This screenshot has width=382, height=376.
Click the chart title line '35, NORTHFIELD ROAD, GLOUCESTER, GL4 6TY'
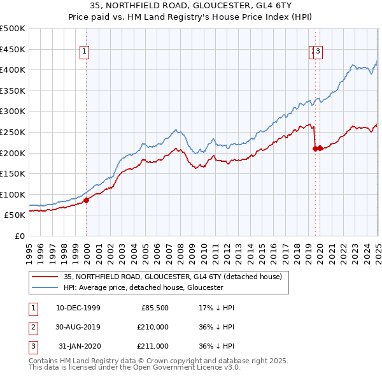190,5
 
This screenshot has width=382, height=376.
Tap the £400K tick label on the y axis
13,70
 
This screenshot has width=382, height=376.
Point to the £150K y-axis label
13,173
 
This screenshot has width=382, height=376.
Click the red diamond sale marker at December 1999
87,200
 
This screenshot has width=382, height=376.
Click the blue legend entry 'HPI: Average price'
143,287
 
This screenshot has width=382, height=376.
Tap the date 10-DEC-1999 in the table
78,307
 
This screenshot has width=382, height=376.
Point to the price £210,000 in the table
153,326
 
